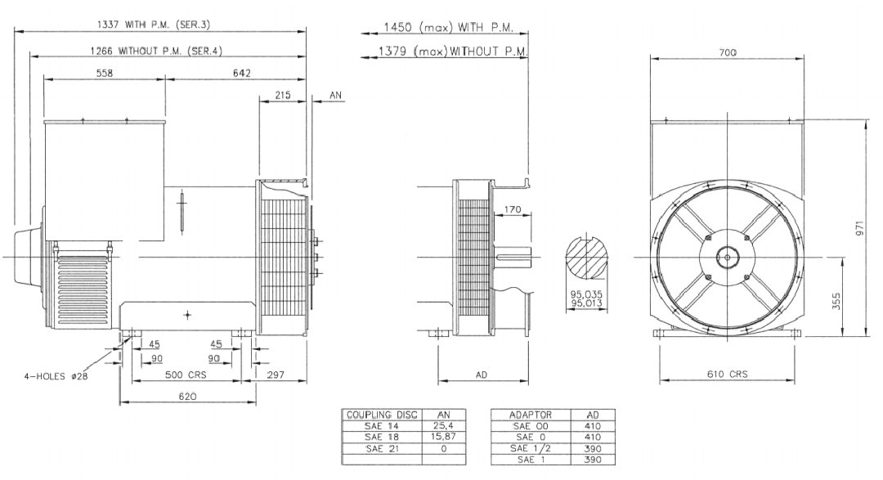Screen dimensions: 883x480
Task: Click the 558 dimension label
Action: coord(105,73)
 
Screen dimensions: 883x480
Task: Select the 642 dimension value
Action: coord(241,73)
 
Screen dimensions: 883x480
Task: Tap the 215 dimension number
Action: coord(283,95)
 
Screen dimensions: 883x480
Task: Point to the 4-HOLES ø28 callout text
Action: coord(56,376)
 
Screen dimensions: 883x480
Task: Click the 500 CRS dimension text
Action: coord(186,375)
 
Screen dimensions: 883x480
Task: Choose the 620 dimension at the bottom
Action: coord(187,396)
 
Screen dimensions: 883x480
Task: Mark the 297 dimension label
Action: coord(276,375)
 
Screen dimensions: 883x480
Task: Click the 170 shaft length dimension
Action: coord(513,209)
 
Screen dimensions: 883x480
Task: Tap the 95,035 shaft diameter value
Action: coord(586,294)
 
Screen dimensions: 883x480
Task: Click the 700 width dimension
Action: coord(728,52)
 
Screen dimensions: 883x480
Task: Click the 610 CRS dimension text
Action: coord(728,374)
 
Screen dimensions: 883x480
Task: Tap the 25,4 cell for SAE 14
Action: coord(444,426)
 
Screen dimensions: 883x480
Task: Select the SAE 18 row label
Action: coord(382,437)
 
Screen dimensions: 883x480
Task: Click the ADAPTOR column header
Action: coord(531,415)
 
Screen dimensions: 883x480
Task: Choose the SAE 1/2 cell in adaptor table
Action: coord(531,448)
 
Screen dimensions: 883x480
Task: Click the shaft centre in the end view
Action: coord(727,258)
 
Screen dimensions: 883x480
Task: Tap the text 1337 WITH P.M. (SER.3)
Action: coord(154,25)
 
